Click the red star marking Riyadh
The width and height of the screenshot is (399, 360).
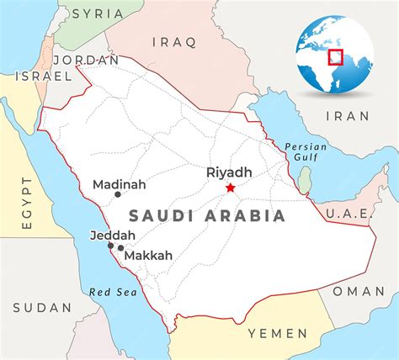(x=230, y=188)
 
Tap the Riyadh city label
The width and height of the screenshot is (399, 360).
(x=229, y=172)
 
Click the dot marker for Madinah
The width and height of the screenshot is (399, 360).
(x=117, y=194)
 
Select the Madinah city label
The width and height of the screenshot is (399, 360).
(x=119, y=183)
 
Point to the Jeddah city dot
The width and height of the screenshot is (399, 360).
(x=110, y=246)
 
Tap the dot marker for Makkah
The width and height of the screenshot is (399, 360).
(x=121, y=248)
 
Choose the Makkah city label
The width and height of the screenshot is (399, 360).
(x=150, y=255)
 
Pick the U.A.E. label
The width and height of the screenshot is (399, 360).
(x=348, y=214)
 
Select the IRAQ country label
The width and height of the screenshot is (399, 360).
(x=173, y=41)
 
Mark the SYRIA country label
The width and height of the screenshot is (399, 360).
(x=97, y=13)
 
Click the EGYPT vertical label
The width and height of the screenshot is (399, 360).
(x=26, y=203)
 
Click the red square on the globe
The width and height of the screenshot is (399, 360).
(x=335, y=56)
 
